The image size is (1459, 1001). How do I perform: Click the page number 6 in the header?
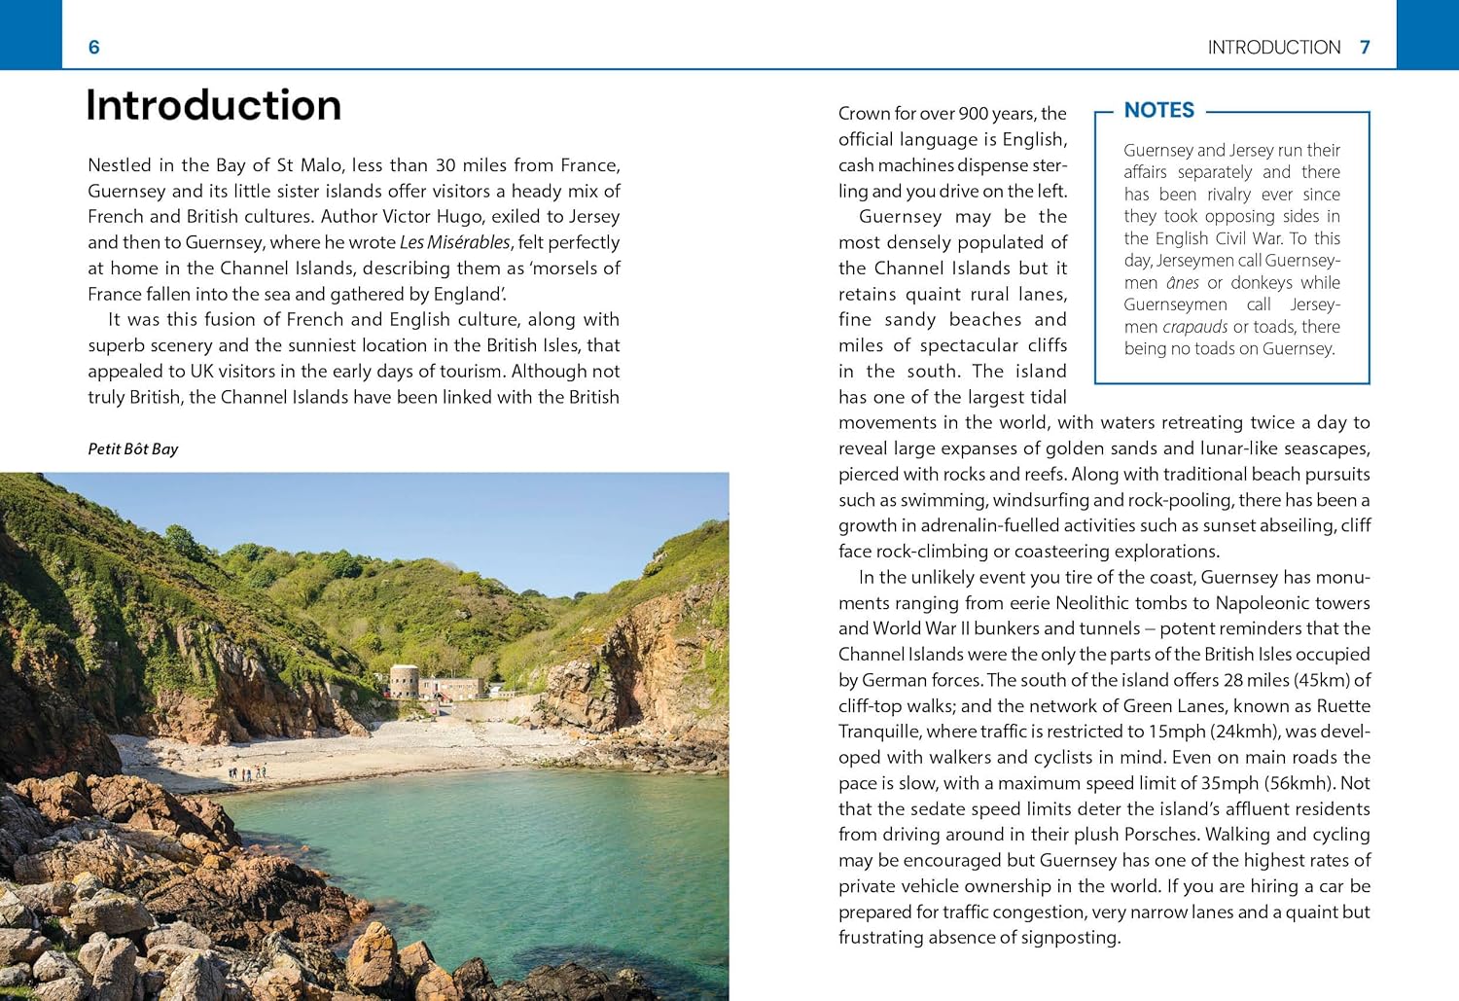(93, 47)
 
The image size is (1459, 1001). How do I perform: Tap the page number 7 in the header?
(1365, 47)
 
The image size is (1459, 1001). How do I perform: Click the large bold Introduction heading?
(214, 105)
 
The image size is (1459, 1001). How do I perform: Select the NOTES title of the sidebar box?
(1158, 110)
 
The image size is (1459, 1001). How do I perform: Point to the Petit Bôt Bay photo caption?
(133, 448)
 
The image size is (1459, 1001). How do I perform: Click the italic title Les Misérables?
(454, 242)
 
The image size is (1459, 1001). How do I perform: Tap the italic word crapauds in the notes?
(1194, 327)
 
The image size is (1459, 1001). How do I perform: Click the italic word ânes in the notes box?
(1183, 283)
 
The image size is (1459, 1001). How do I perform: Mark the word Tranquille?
(879, 732)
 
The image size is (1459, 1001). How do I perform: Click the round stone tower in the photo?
(404, 680)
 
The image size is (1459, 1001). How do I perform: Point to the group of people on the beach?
(247, 773)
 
